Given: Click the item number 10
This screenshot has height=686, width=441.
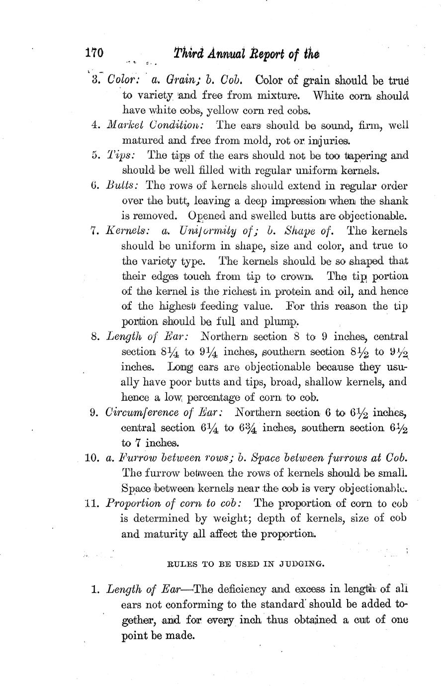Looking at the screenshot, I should pyautogui.click(x=93, y=458).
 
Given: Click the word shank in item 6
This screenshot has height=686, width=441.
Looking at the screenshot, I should pyautogui.click(x=394, y=201).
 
